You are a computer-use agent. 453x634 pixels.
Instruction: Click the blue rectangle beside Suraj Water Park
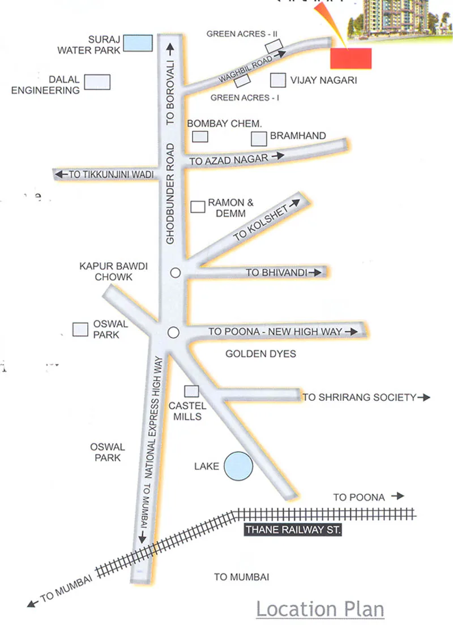pos(138,43)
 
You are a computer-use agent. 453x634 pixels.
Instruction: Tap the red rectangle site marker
pos(351,58)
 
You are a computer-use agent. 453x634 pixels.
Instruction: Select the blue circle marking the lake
pos(238,466)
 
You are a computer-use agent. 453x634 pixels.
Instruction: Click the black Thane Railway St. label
pos(292,530)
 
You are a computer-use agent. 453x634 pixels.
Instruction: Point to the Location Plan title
pos(320,609)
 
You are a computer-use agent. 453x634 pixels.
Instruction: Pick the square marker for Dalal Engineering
pos(97,82)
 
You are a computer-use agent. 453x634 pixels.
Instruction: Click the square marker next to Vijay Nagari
pos(277,80)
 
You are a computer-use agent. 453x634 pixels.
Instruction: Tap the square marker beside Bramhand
pos(259,138)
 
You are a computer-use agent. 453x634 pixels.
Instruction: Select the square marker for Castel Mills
pos(192,391)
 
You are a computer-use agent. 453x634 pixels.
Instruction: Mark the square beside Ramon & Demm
pos(198,207)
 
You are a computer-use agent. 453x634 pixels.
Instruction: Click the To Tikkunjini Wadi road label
pos(112,175)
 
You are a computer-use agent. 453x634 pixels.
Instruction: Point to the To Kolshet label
pos(261,222)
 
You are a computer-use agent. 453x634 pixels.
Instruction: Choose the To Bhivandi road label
pos(276,273)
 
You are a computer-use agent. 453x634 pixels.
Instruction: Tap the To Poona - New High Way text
pos(275,332)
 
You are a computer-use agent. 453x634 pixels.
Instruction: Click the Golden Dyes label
pos(260,354)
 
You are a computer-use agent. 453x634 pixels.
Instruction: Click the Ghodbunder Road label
pos(171,194)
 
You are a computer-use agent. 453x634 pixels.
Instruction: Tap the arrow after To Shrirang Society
pos(424,397)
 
